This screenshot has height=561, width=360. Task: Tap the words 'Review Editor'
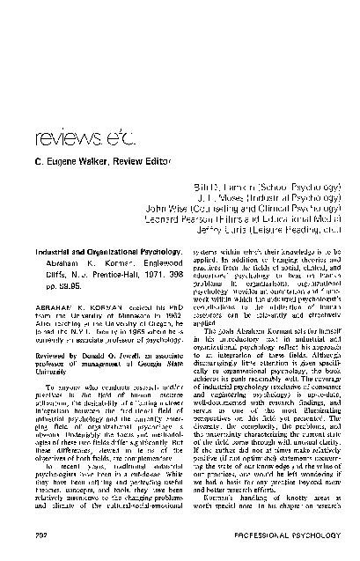[131, 165]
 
